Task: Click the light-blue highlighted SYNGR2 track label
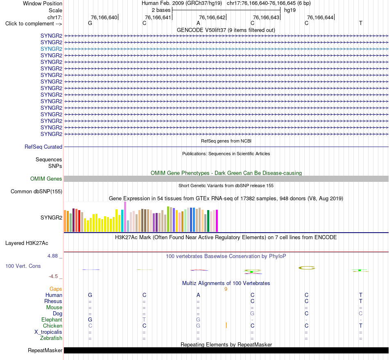pyautogui.click(x=51, y=49)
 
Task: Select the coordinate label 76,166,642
pyautogui.click(x=212, y=17)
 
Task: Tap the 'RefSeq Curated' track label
pyautogui.click(x=43, y=147)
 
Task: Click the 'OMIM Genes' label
pyautogui.click(x=46, y=179)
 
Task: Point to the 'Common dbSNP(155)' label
pyautogui.click(x=36, y=192)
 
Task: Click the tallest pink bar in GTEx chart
pyautogui.click(x=125, y=217)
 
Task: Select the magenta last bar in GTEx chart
pyautogui.click(x=217, y=221)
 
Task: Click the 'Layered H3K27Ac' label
pyautogui.click(x=27, y=243)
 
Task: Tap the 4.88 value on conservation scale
pyautogui.click(x=52, y=256)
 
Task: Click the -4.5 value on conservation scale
pyautogui.click(x=53, y=276)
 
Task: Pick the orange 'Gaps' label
pyautogui.click(x=56, y=289)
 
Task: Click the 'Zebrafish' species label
pyautogui.click(x=51, y=338)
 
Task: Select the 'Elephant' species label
pyautogui.click(x=52, y=319)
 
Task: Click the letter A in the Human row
pyautogui.click(x=198, y=295)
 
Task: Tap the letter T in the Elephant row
pyautogui.click(x=144, y=319)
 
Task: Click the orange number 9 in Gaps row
pyautogui.click(x=226, y=289)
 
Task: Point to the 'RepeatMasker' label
pyautogui.click(x=45, y=350)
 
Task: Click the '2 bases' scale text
pyautogui.click(x=161, y=10)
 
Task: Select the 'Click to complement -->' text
pyautogui.click(x=34, y=24)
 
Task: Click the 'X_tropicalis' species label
pyautogui.click(x=48, y=332)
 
